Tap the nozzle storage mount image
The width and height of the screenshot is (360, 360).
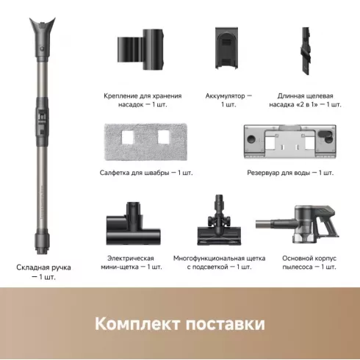pyautogui.click(x=142, y=48)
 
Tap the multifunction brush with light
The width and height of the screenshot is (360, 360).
pyautogui.click(x=219, y=222)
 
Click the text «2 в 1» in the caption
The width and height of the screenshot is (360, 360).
pyautogui.click(x=309, y=105)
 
